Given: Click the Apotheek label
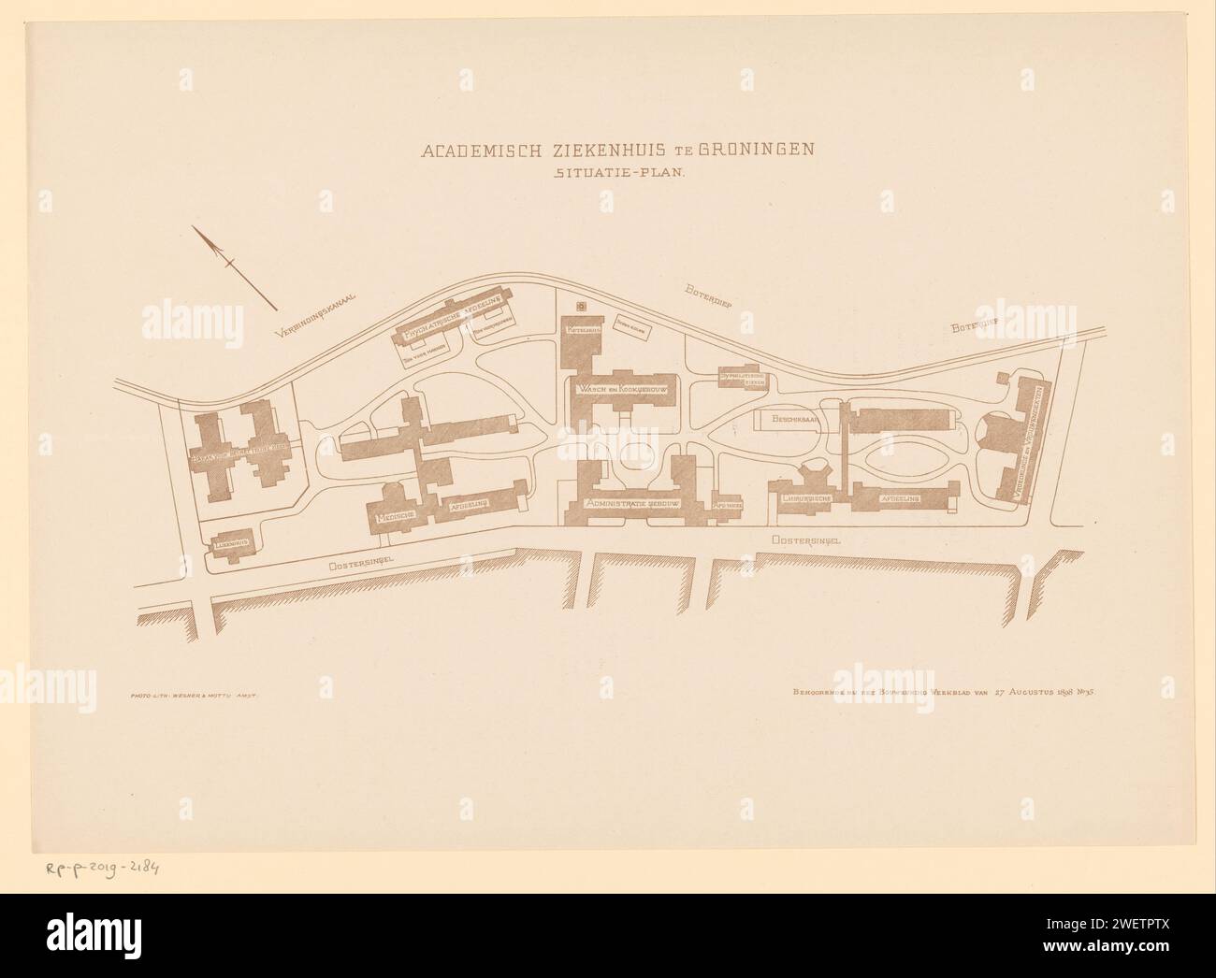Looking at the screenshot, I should pyautogui.click(x=727, y=505).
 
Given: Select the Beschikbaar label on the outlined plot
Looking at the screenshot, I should pyautogui.click(x=795, y=420).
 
